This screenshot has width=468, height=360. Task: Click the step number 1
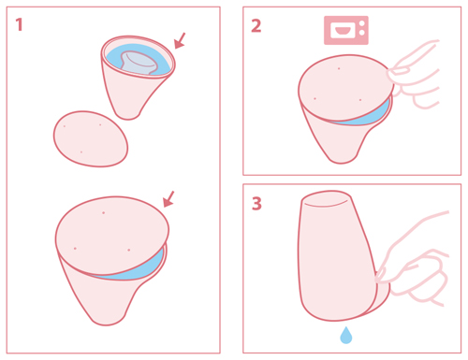[x=19, y=24]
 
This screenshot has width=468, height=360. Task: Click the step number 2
[x=256, y=26]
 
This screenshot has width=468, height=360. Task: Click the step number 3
[x=256, y=204]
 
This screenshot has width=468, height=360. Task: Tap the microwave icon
[x=346, y=30]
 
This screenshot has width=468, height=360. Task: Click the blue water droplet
[x=345, y=336]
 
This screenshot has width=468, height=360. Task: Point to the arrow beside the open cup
[x=180, y=40]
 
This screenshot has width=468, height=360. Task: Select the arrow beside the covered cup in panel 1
[x=168, y=199]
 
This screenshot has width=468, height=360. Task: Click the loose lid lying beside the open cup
[x=91, y=139]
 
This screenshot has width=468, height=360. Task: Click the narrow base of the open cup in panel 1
[x=128, y=114]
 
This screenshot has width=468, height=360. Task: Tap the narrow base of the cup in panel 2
[x=342, y=157]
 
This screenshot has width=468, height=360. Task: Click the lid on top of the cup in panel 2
[x=344, y=88]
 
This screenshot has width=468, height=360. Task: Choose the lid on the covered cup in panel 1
[x=112, y=231]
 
